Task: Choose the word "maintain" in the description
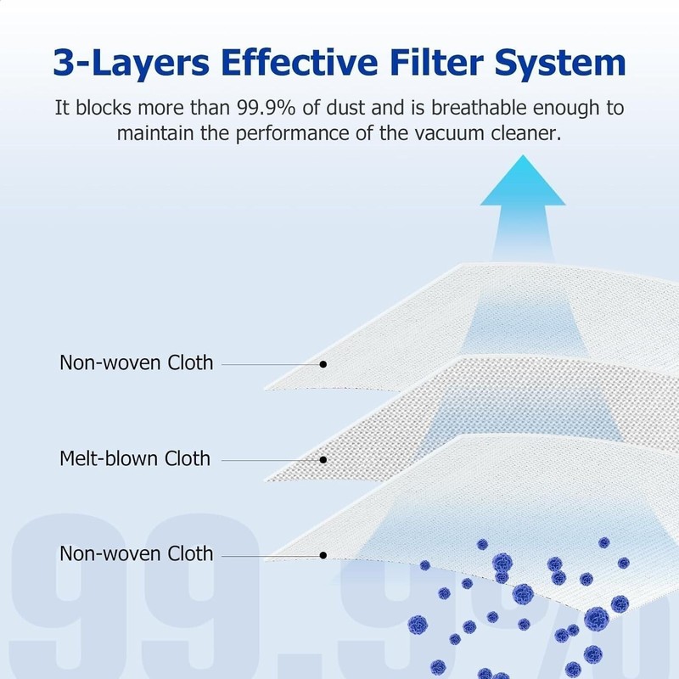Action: pyautogui.click(x=154, y=133)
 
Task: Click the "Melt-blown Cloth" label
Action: pyautogui.click(x=134, y=459)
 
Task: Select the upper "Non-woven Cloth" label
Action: pyautogui.click(x=136, y=363)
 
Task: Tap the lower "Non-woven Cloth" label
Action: pyautogui.click(x=136, y=554)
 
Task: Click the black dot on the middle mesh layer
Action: pyautogui.click(x=323, y=460)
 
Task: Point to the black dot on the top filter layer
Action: pyautogui.click(x=323, y=364)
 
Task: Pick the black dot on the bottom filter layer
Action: pyautogui.click(x=323, y=555)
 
